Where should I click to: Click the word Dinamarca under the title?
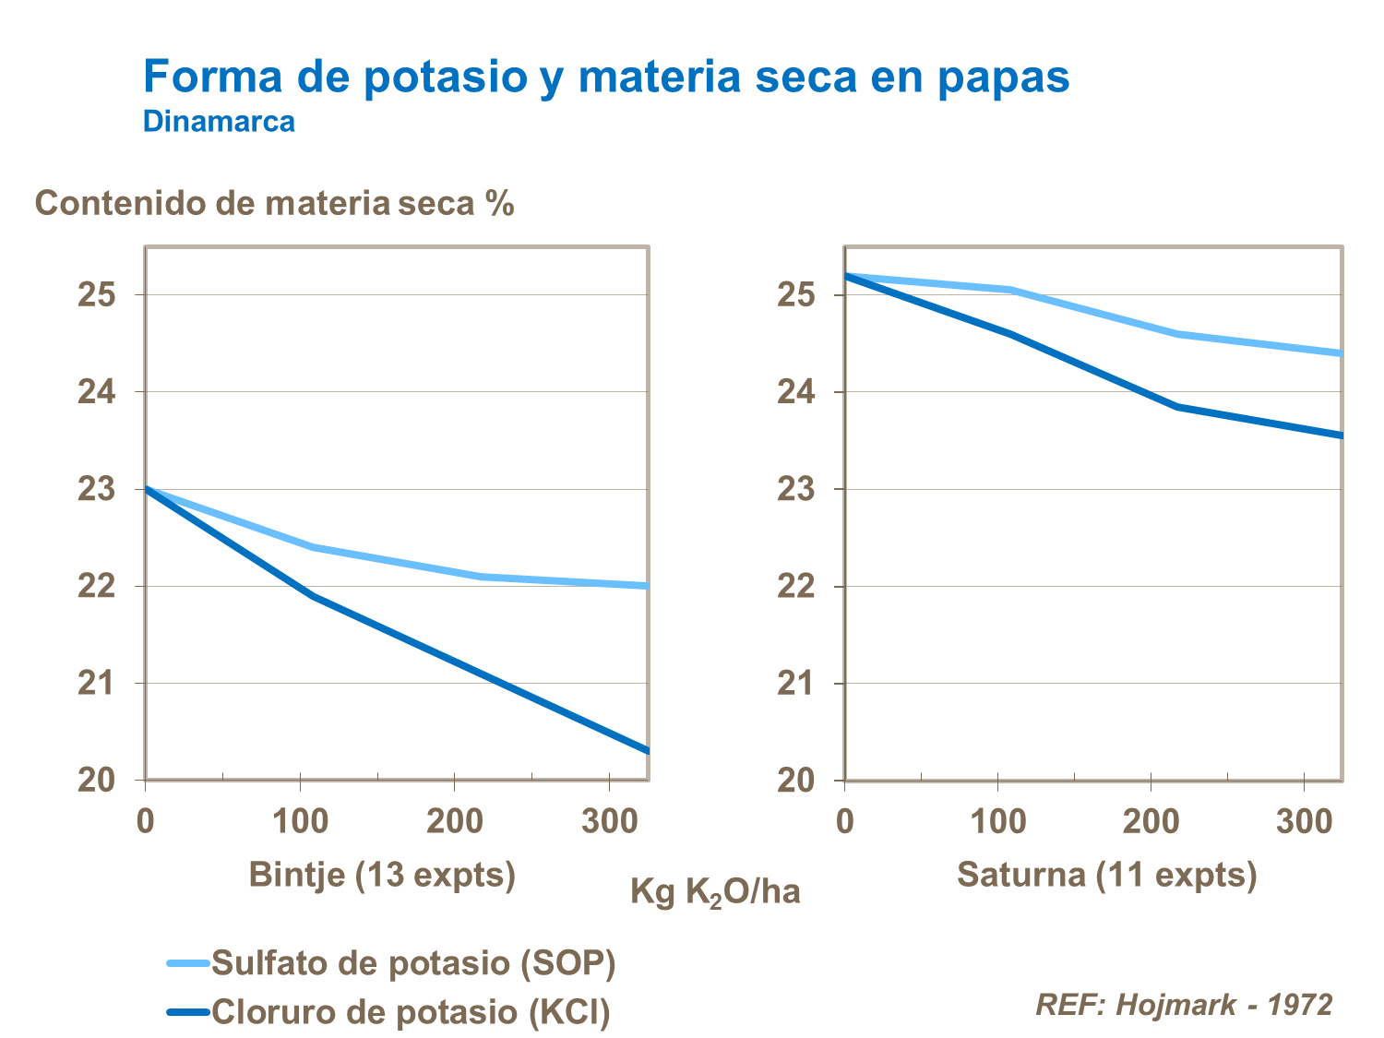[x=219, y=122]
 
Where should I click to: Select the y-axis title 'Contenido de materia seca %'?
[x=274, y=203]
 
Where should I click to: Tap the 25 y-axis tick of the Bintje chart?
[x=96, y=295]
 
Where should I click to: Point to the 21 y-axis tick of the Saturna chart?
[x=795, y=684]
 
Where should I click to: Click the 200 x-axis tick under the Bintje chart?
[x=454, y=821]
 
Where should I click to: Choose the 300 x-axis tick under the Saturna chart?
[x=1303, y=821]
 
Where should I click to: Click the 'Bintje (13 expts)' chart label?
[x=382, y=874]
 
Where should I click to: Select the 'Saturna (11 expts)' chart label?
[x=1106, y=874]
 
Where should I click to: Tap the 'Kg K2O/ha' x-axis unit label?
[x=715, y=892]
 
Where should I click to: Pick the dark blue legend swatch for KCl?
[x=189, y=1012]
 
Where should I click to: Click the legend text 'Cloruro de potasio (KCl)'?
[x=412, y=1012]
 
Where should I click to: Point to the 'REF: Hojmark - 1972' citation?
[x=1184, y=1004]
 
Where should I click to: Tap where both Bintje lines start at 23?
[x=147, y=489]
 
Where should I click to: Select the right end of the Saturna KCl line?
[x=1341, y=435]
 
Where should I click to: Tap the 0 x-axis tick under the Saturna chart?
[x=844, y=821]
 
